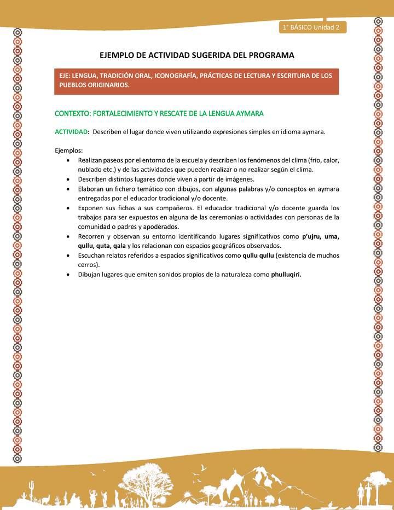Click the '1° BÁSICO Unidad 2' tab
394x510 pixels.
312,27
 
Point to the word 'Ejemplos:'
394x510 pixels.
68,150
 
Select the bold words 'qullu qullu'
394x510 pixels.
260,256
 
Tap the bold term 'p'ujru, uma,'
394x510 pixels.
320,236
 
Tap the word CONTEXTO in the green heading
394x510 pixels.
72,113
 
